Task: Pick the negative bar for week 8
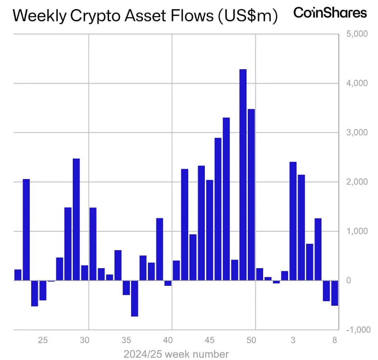pos(335,293)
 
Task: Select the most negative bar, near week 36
pos(134,298)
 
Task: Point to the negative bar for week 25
pos(43,290)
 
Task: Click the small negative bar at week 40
pos(168,283)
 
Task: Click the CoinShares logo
pos(330,13)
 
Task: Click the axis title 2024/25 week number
pos(176,354)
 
